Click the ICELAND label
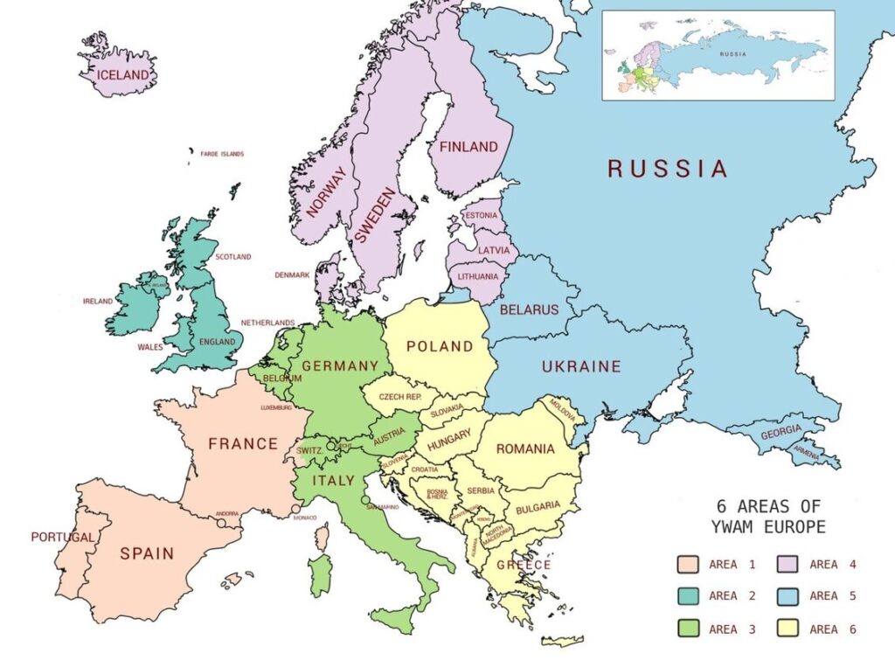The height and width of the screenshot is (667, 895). click(x=123, y=75)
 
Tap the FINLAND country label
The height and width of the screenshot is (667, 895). click(x=468, y=147)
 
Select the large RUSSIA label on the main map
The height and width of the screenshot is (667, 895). click(x=668, y=169)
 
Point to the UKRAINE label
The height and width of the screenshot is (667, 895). click(x=581, y=366)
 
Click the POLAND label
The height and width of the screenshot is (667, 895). click(x=440, y=346)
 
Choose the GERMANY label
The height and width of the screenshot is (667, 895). click(x=341, y=365)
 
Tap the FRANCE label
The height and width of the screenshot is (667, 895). click(x=243, y=444)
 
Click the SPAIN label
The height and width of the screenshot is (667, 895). click(x=147, y=553)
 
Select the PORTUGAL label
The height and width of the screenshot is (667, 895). click(x=62, y=537)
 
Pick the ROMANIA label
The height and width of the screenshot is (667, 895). click(x=525, y=449)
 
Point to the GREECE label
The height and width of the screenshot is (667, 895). click(x=524, y=565)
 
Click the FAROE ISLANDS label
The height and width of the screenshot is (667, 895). click(x=222, y=154)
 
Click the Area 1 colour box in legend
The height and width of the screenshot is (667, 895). click(x=688, y=565)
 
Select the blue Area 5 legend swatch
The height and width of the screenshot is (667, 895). click(x=787, y=596)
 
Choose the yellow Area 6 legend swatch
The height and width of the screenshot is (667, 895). click(x=787, y=629)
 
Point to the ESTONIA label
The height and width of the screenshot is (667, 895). click(x=481, y=215)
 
